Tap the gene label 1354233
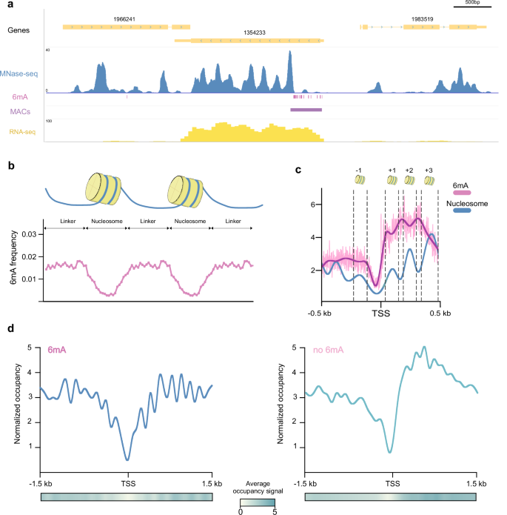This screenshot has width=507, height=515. pos(256,33)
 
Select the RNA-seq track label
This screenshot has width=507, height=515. pos(24,132)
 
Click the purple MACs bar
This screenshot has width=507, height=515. pos(306,110)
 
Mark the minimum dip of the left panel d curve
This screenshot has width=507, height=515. pos(127,459)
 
